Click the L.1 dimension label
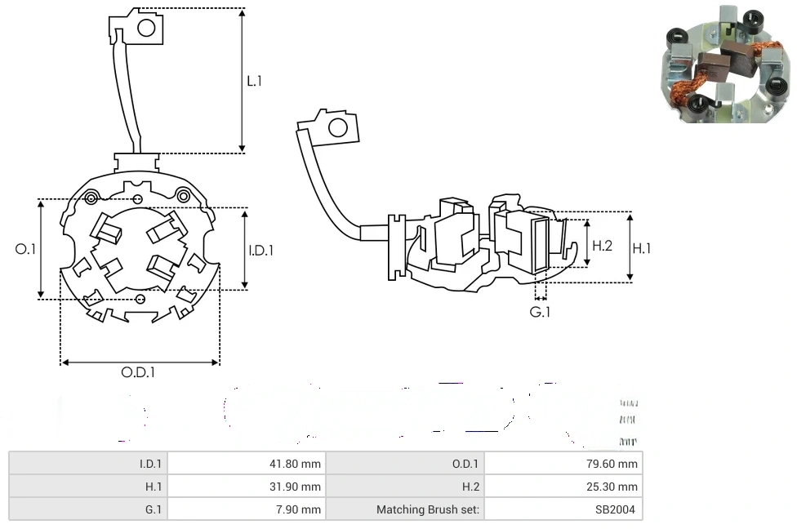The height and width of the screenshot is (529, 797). click(255, 81)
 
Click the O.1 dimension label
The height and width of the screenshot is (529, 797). click(25, 249)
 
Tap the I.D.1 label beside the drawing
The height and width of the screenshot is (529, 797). click(260, 251)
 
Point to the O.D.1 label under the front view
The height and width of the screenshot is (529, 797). click(138, 372)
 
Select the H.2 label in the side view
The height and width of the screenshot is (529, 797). click(602, 245)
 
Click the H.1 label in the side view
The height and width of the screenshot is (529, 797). click(643, 247)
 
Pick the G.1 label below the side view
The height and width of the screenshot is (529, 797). click(540, 312)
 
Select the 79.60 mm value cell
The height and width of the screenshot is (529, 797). click(614, 464)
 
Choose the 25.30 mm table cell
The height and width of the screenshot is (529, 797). click(614, 487)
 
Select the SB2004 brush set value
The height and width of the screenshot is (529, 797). click(618, 509)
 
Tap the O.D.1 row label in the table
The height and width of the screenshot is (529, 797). click(465, 464)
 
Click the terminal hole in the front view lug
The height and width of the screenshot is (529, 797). click(146, 29)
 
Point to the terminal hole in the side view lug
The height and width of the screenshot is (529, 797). click(336, 127)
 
